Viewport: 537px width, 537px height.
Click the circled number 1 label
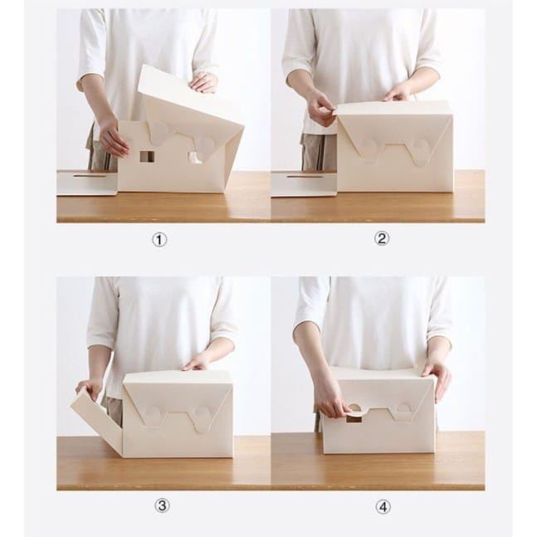pyautogui.click(x=159, y=240)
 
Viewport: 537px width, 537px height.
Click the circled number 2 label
pyautogui.click(x=381, y=238)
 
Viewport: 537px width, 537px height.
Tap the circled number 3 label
pyautogui.click(x=162, y=505)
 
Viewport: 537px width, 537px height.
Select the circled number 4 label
pyautogui.click(x=383, y=507)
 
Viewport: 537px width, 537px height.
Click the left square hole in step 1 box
pyautogui.click(x=147, y=156)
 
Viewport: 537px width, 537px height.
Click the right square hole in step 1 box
pyautogui.click(x=195, y=157)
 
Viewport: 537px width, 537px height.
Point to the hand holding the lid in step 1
pyautogui.click(x=204, y=83)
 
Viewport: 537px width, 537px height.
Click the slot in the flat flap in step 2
pyautogui.click(x=305, y=177)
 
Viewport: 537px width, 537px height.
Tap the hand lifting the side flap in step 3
pyautogui.click(x=89, y=389)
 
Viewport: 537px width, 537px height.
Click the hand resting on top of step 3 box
pyautogui.click(x=194, y=364)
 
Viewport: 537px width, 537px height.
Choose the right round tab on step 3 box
pyautogui.click(x=200, y=418)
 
